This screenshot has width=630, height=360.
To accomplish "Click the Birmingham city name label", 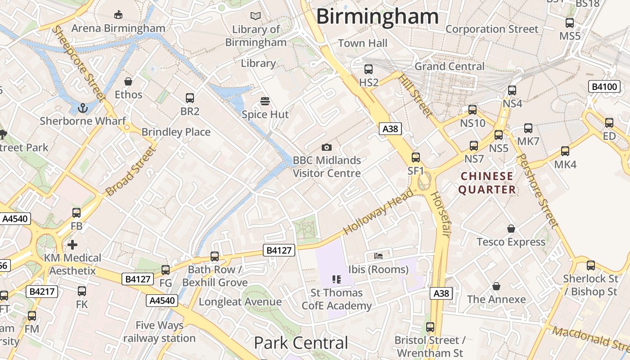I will pyautogui.click(x=377, y=17).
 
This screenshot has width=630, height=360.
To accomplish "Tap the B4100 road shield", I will pyautogui.click(x=604, y=86).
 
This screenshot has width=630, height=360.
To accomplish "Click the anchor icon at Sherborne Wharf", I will pyautogui.click(x=82, y=108).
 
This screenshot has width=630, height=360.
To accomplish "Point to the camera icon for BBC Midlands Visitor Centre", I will pyautogui.click(x=327, y=147).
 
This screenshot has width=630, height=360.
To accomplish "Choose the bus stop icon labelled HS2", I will pyautogui.click(x=369, y=69).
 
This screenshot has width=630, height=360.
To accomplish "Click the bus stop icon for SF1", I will pyautogui.click(x=416, y=157).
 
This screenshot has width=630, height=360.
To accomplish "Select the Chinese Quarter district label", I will pyautogui.click(x=487, y=183).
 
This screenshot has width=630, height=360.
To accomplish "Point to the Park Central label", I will pyautogui.click(x=301, y=343).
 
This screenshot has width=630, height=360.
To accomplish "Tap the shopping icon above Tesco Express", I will pyautogui.click(x=511, y=229).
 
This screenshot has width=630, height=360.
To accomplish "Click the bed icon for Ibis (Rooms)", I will pyautogui.click(x=378, y=256).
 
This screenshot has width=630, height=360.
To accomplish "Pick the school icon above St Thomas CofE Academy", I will pyautogui.click(x=336, y=279).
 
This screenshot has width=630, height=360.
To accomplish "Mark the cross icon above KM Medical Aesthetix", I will pyautogui.click(x=72, y=245).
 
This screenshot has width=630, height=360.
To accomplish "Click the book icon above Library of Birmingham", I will pyautogui.click(x=256, y=16).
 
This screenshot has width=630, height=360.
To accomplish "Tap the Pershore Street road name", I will pyautogui.click(x=538, y=191).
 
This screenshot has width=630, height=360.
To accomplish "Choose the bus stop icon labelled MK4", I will pyautogui.click(x=565, y=151).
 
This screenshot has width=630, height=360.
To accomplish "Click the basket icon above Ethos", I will pyautogui.click(x=128, y=81).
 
